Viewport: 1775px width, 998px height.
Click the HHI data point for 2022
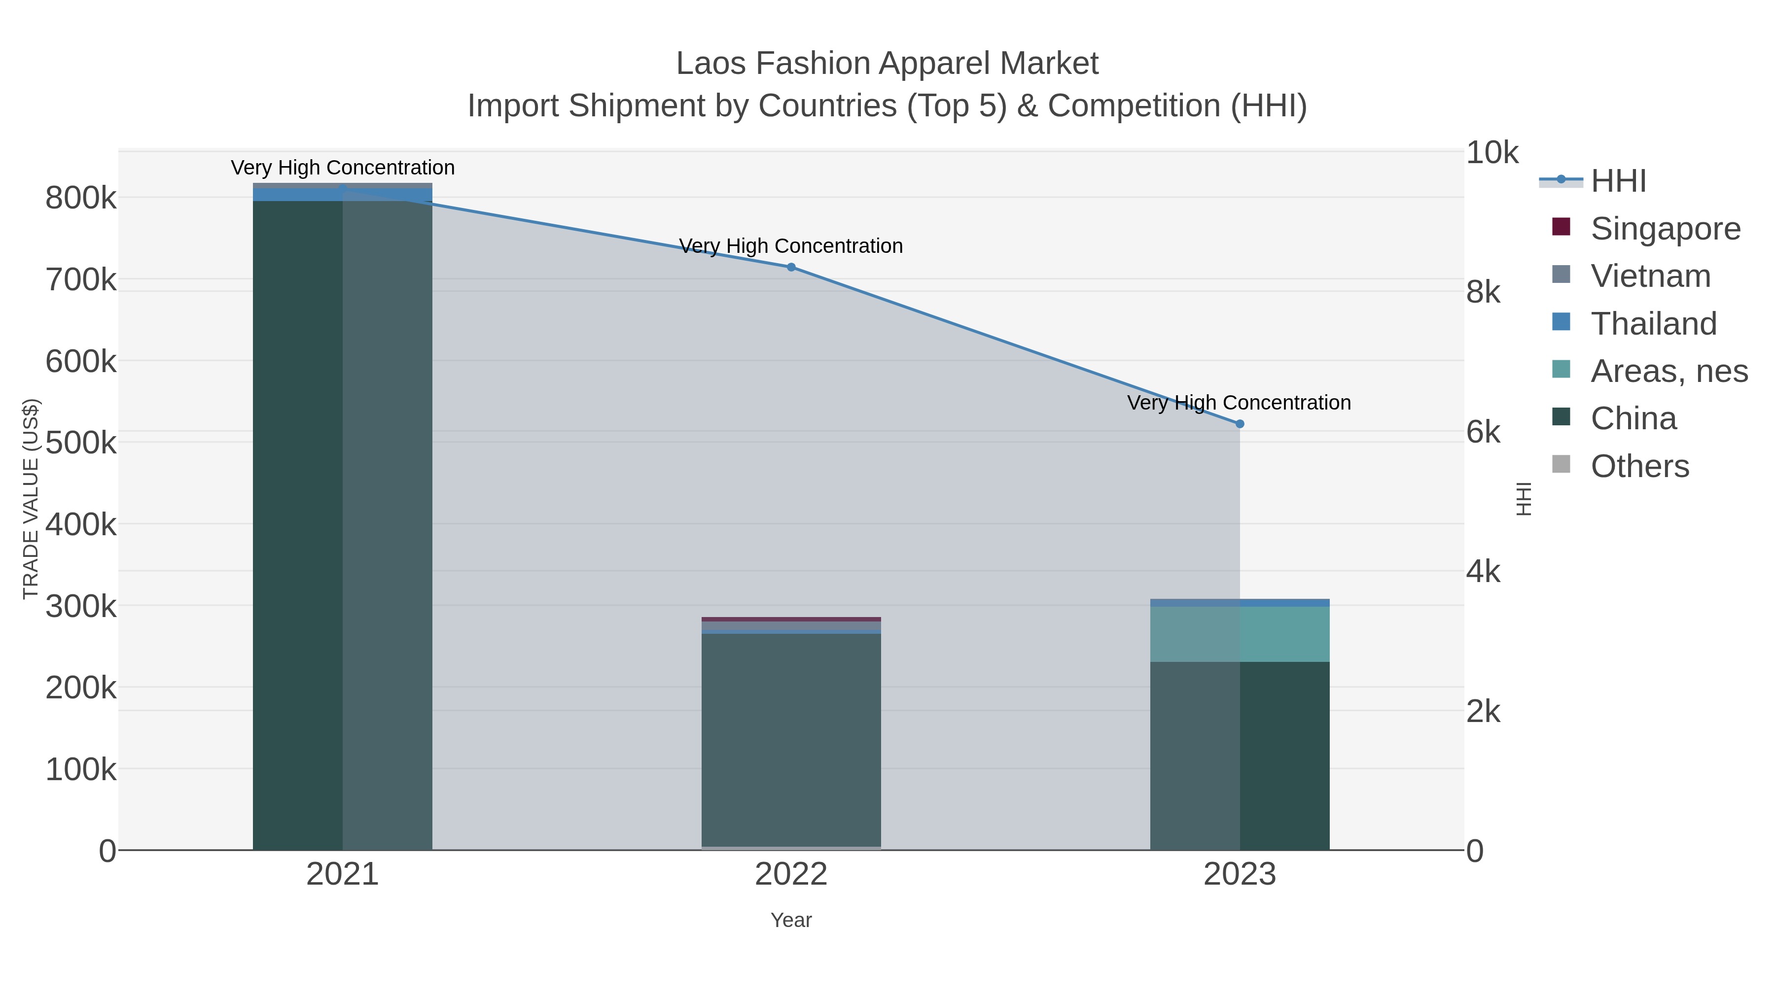point(791,267)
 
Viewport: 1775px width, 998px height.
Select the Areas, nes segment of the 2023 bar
point(1240,634)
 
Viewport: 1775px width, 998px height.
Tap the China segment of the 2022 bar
point(791,740)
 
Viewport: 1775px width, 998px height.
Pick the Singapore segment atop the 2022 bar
point(791,619)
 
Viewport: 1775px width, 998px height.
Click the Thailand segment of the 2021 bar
point(343,195)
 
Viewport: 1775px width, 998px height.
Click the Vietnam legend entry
point(1650,275)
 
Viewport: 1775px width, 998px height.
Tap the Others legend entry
point(1639,466)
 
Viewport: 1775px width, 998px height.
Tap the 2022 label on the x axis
point(791,874)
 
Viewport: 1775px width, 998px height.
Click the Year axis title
point(791,920)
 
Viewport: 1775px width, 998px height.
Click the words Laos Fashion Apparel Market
point(887,64)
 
